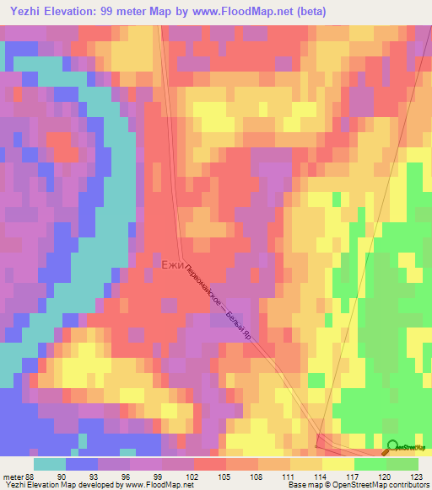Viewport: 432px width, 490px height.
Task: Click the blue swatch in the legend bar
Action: coord(81,464)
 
